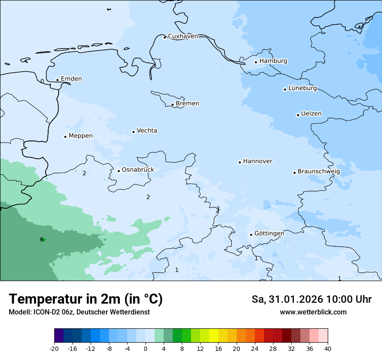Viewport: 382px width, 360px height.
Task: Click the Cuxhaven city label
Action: [x=183, y=36]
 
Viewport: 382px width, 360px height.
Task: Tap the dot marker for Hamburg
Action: [x=256, y=62]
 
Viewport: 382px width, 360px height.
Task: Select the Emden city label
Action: [x=71, y=79]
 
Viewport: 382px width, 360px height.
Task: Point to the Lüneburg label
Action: [x=302, y=88]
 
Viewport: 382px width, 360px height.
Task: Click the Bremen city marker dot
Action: [x=172, y=105]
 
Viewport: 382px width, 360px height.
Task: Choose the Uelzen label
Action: [x=311, y=114]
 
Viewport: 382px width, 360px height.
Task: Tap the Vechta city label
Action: [x=147, y=131]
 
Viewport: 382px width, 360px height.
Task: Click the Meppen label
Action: [x=81, y=136]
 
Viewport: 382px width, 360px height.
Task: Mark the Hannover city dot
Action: [x=240, y=162]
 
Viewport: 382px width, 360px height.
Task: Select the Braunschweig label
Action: [x=319, y=172]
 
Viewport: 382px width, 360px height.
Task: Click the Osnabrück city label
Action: [x=138, y=170]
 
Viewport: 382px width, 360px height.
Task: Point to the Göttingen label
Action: [x=269, y=233]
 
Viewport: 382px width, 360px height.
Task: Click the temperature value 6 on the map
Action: [x=42, y=239]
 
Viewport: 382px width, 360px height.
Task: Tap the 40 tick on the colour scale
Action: [x=328, y=348]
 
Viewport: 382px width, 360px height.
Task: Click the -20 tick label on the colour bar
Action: [x=54, y=348]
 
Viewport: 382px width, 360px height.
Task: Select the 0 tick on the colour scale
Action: [x=145, y=348]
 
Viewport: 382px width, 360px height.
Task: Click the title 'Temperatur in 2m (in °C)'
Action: [x=86, y=299]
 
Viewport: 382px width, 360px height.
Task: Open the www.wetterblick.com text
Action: [x=313, y=312]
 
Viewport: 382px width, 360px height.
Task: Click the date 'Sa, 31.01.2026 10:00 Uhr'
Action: [x=311, y=299]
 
